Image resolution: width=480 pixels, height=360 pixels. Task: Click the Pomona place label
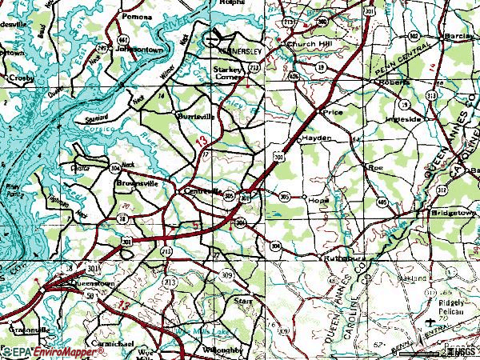[x=136, y=15]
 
